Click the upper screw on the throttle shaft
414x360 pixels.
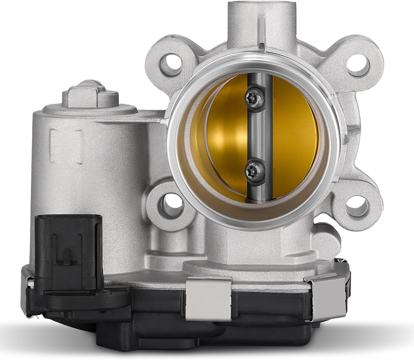point(254,98)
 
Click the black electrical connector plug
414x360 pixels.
point(68,252)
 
